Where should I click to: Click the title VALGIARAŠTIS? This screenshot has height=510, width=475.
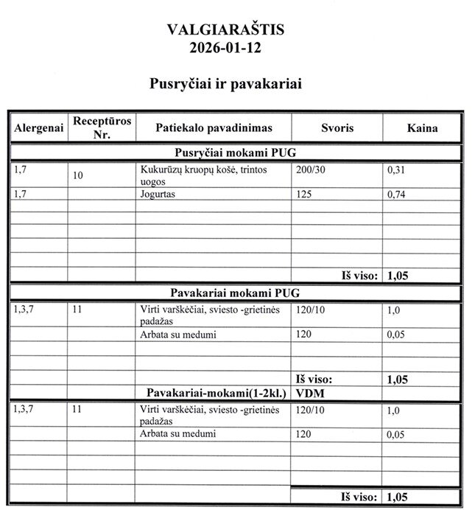(225, 30)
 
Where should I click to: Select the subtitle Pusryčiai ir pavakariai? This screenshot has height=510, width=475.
(225, 84)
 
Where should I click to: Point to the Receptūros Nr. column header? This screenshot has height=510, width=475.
(102, 127)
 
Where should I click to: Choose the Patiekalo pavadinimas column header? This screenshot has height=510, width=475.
(214, 128)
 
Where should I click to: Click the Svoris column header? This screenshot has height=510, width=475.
(337, 128)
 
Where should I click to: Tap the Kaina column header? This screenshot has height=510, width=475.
(422, 128)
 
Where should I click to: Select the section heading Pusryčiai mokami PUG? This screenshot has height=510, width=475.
(235, 153)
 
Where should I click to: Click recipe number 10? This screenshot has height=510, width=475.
(78, 175)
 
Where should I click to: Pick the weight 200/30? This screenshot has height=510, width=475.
(309, 170)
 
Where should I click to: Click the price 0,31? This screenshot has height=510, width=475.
(397, 170)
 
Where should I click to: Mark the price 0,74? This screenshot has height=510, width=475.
(397, 195)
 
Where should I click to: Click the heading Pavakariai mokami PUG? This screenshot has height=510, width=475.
(235, 293)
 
